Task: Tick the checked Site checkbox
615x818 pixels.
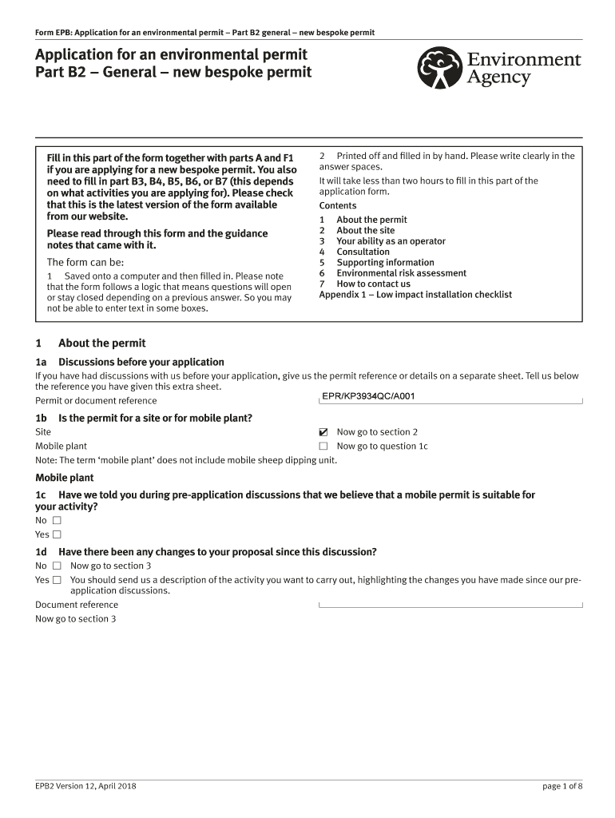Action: click(x=323, y=432)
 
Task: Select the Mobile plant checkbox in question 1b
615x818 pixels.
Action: click(x=323, y=447)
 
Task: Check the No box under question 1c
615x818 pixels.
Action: click(x=57, y=520)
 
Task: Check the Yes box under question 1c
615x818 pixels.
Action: click(x=57, y=534)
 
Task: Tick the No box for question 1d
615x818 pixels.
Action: click(x=57, y=566)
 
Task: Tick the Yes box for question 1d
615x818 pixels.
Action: click(x=57, y=580)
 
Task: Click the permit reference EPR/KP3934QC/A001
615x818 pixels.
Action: click(x=368, y=396)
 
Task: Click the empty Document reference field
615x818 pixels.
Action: click(x=450, y=605)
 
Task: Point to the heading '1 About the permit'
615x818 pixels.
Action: click(x=90, y=343)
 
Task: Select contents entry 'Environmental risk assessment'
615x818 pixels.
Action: click(x=401, y=273)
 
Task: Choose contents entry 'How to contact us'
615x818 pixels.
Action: click(x=373, y=284)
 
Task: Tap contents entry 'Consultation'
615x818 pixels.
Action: click(x=363, y=252)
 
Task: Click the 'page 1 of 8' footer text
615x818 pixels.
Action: click(x=562, y=786)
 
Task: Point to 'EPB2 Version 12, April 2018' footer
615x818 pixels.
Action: click(x=85, y=786)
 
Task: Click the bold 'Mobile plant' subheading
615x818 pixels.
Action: click(x=64, y=478)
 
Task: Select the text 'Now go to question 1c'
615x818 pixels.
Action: click(x=382, y=447)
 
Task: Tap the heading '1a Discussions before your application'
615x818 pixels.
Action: click(x=129, y=362)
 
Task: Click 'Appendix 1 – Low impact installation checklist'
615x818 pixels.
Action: click(x=415, y=295)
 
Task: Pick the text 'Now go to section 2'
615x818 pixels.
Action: click(x=378, y=432)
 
